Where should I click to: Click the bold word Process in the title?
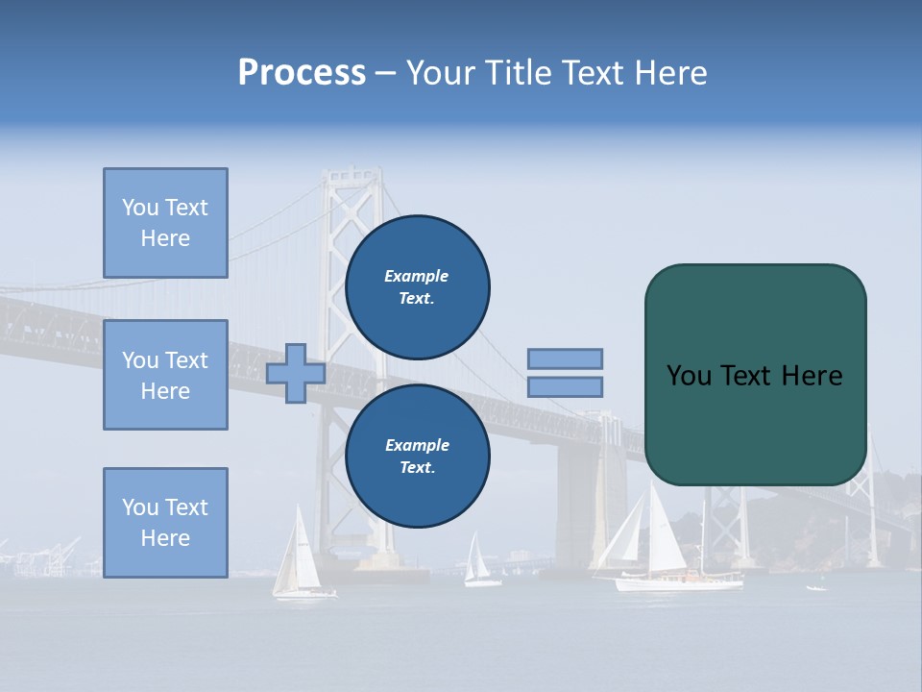click(302, 73)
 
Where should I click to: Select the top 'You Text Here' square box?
click(165, 223)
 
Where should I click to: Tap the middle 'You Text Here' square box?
click(165, 375)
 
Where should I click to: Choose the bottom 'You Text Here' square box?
click(165, 523)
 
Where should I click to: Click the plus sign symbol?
click(295, 373)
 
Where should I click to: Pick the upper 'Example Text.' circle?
click(417, 287)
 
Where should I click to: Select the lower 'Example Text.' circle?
click(417, 457)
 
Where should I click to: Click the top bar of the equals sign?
click(565, 358)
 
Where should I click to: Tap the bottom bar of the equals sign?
click(565, 387)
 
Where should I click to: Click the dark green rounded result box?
click(755, 375)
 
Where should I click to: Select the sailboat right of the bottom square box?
click(298, 557)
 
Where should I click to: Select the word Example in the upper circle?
click(417, 276)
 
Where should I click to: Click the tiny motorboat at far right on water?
click(816, 587)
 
